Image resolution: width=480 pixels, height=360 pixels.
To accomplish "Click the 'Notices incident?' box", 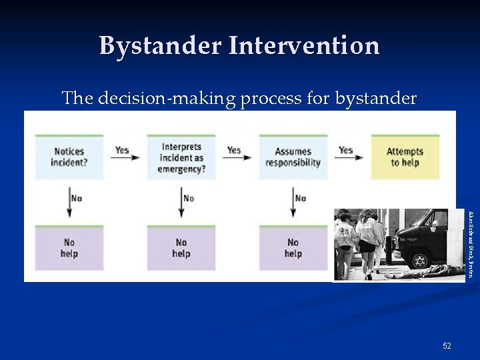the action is (x=69, y=157).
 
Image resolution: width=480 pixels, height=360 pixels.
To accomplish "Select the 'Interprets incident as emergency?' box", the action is (x=181, y=157).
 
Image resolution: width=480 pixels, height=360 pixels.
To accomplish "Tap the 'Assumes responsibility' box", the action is (x=293, y=157).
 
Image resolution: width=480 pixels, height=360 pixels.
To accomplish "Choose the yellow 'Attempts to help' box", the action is (x=405, y=157).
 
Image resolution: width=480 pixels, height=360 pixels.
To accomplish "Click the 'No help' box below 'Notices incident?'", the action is (x=69, y=248).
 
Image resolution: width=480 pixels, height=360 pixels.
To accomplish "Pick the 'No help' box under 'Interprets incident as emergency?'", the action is (x=181, y=248).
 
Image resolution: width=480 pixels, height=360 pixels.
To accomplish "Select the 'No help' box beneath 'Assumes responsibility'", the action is (x=293, y=248).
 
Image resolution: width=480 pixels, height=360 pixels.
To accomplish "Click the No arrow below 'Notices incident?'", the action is (x=69, y=202).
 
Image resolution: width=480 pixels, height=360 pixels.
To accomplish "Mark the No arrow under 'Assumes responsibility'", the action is (x=293, y=202).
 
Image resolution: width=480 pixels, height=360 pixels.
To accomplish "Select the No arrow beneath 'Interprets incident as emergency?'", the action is (x=181, y=202).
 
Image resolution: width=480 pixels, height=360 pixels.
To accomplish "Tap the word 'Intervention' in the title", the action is (x=304, y=46).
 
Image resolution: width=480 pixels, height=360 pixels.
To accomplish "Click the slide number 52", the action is (x=447, y=345).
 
